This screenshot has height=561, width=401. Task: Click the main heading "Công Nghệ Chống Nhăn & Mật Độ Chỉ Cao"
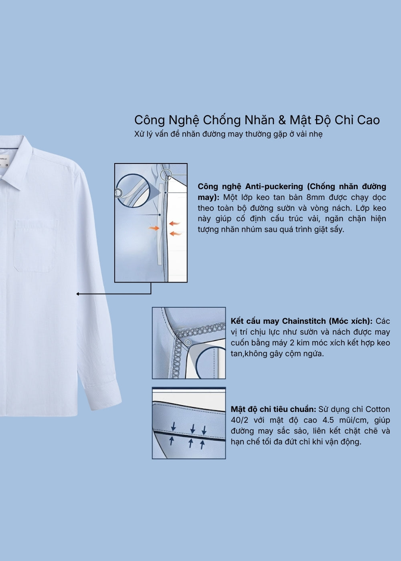[257, 120]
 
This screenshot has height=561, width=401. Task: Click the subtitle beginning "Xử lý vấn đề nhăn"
[228, 134]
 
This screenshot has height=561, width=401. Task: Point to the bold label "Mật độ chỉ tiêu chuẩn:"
[273, 410]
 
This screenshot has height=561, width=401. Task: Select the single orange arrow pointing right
[154, 228]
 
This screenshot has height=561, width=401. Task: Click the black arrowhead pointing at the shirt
[78, 294]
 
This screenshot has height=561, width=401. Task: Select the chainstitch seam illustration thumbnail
[189, 343]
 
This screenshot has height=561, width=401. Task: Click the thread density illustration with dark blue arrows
[189, 423]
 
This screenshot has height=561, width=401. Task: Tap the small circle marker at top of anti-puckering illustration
[166, 175]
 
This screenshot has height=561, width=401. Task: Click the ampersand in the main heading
[282, 120]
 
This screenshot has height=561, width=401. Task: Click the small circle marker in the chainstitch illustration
[188, 342]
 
